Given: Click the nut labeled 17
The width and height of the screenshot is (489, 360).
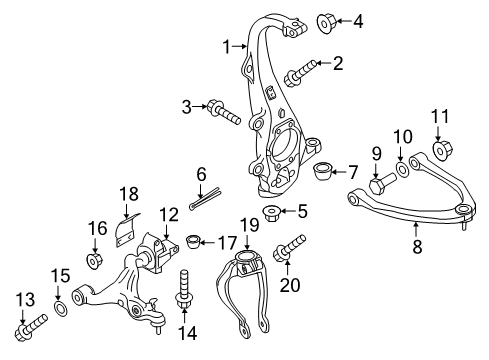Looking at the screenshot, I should (x=196, y=242).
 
